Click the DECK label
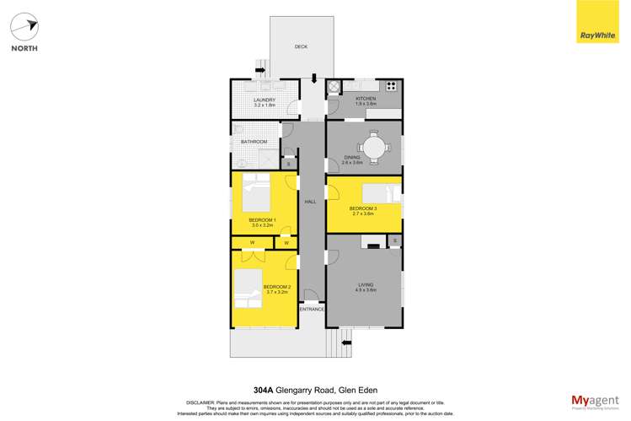[x=301, y=47]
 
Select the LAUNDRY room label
[x=265, y=100]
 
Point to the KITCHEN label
[x=365, y=99]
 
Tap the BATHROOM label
[x=254, y=142]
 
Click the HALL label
[x=310, y=202]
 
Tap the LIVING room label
[x=365, y=285]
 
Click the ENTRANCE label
[x=312, y=310]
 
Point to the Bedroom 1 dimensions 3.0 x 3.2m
[x=263, y=225]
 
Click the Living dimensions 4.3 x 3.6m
[x=365, y=291]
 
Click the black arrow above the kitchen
[x=314, y=78]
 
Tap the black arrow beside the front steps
[x=345, y=342]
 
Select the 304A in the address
[x=264, y=390]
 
